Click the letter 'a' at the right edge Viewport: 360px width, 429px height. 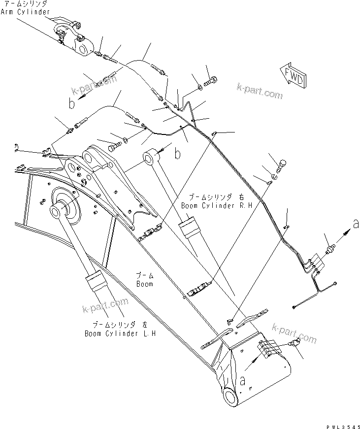click(355, 225)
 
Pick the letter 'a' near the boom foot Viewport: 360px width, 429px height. click(242, 380)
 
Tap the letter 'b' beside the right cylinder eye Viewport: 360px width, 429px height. click(177, 155)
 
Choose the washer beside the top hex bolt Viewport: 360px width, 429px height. click(199, 87)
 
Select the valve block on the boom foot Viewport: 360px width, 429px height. click(269, 349)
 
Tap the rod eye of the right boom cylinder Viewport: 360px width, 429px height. click(151, 159)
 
